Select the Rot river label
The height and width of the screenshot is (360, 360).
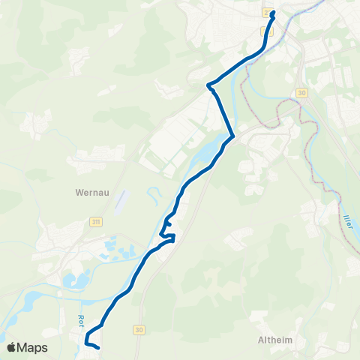point(79,320)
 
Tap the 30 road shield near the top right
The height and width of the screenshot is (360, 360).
point(301,92)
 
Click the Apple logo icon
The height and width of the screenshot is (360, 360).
point(12,347)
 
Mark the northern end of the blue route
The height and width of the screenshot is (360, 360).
point(273,13)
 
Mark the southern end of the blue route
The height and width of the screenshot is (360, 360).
point(98,347)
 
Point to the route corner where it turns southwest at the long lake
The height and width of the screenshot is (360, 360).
point(233,136)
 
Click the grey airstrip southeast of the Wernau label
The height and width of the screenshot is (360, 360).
point(123,199)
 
